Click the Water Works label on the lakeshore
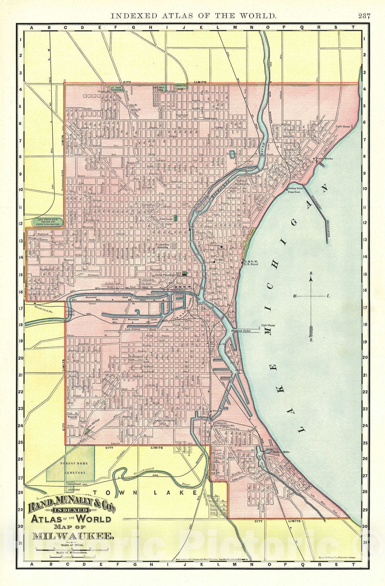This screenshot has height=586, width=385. tap(324, 159)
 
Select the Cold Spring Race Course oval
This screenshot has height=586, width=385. tap(46, 222)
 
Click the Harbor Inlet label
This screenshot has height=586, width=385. tap(240, 331)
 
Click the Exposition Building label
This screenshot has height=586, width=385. tap(163, 245)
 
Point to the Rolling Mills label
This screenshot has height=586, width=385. tap(282, 452)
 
